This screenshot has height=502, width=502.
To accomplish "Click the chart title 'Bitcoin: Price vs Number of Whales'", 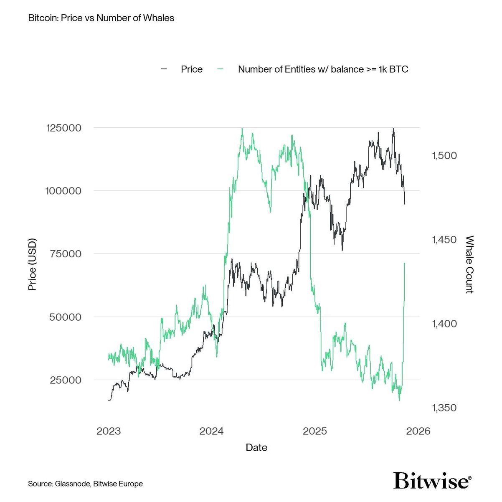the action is pos(101,18).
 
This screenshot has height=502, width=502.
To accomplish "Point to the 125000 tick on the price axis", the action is pos(64,128).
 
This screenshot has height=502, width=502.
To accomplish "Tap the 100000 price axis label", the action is pos(63,191).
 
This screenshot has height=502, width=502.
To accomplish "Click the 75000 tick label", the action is pos(66,254).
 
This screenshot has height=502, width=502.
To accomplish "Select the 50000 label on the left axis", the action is pos(66,317).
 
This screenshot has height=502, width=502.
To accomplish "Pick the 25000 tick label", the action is pos(66,380).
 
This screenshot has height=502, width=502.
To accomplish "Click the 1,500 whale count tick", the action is pos(444,156).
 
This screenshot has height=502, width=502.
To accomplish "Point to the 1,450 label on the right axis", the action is pos(444,240).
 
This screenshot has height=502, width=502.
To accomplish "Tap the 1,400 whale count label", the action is pos(444,324).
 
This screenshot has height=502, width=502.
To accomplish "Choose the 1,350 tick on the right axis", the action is pos(444,408).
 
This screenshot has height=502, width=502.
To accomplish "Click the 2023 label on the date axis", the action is pos(109,431).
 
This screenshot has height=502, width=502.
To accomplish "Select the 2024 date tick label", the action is pos(211,431).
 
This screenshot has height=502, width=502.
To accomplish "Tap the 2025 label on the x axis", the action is pos(315,431).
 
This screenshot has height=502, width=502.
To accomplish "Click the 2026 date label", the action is pos(418,431).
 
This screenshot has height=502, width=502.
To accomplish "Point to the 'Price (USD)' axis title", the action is pos(32,264).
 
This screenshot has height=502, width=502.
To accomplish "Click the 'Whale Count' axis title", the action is pos(469,264).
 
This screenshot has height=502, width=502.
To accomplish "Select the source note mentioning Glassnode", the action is pos(86,484).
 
